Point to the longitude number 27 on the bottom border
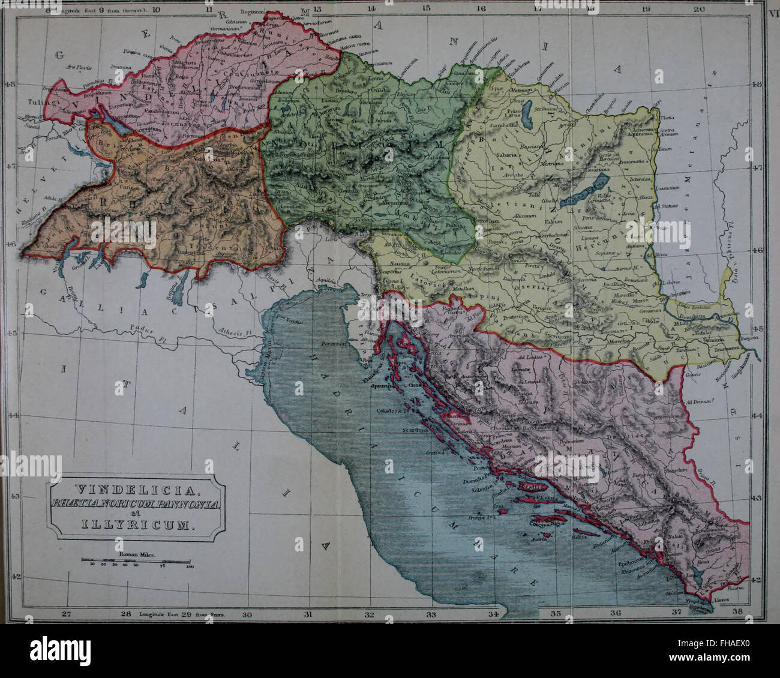tap(67, 614)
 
